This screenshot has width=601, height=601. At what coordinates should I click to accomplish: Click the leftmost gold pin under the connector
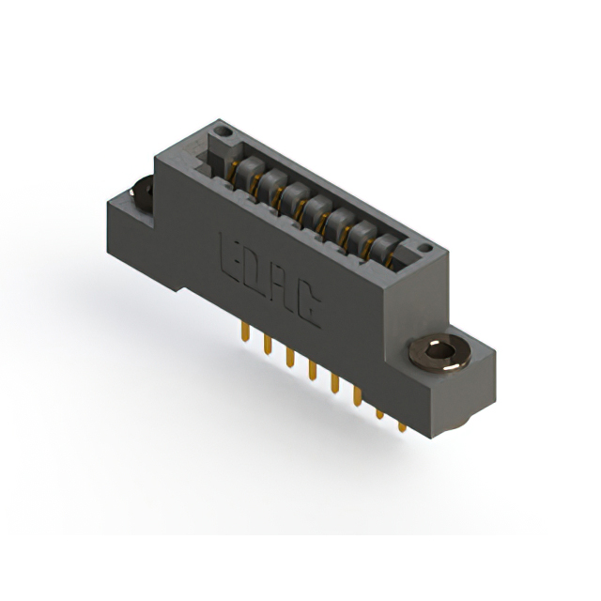pyautogui.click(x=245, y=331)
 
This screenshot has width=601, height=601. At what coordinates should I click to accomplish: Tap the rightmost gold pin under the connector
pyautogui.click(x=402, y=427)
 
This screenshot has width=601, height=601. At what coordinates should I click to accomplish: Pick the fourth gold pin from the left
pyautogui.click(x=313, y=370)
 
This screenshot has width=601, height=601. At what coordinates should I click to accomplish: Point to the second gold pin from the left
pyautogui.click(x=268, y=345)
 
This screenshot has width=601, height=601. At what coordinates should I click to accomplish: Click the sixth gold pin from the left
pyautogui.click(x=357, y=396)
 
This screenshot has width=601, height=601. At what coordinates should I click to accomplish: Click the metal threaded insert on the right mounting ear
pyautogui.click(x=440, y=352)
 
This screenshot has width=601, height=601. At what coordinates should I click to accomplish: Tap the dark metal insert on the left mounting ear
pyautogui.click(x=142, y=194)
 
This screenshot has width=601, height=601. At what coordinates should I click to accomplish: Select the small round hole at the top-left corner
pyautogui.click(x=223, y=131)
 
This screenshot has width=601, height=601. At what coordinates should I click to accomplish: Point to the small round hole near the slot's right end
pyautogui.click(x=424, y=248)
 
